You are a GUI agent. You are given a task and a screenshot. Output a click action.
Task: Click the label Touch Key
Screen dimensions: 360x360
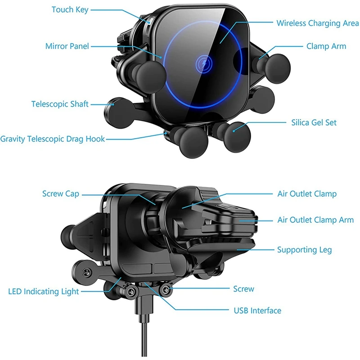pos(70,9)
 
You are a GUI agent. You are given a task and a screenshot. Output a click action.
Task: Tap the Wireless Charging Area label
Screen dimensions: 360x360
pos(317,23)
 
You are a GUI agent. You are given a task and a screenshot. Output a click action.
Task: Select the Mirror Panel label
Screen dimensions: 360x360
pos(67,46)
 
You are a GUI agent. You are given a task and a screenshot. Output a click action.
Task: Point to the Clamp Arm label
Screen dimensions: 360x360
pos(326,46)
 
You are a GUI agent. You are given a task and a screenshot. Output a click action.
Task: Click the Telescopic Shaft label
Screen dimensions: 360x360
pos(60,104)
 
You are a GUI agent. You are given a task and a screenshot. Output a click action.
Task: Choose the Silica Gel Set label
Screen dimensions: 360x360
pos(314,122)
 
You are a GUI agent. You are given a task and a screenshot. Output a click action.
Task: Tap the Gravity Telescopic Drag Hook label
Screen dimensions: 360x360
pos(53,139)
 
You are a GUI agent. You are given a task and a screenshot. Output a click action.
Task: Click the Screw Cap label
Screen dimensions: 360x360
pos(61,194)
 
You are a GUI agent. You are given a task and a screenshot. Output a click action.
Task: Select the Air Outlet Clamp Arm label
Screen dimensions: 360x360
pos(315,220)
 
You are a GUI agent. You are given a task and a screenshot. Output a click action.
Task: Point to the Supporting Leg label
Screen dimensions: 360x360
pos(304,250)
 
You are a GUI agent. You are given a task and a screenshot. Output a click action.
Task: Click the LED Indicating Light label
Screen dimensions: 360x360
pos(44,291)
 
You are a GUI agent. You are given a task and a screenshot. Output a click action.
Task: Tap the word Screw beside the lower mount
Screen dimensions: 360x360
pos(243,288)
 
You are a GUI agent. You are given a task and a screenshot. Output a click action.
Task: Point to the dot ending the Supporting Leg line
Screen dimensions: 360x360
pos(237,249)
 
